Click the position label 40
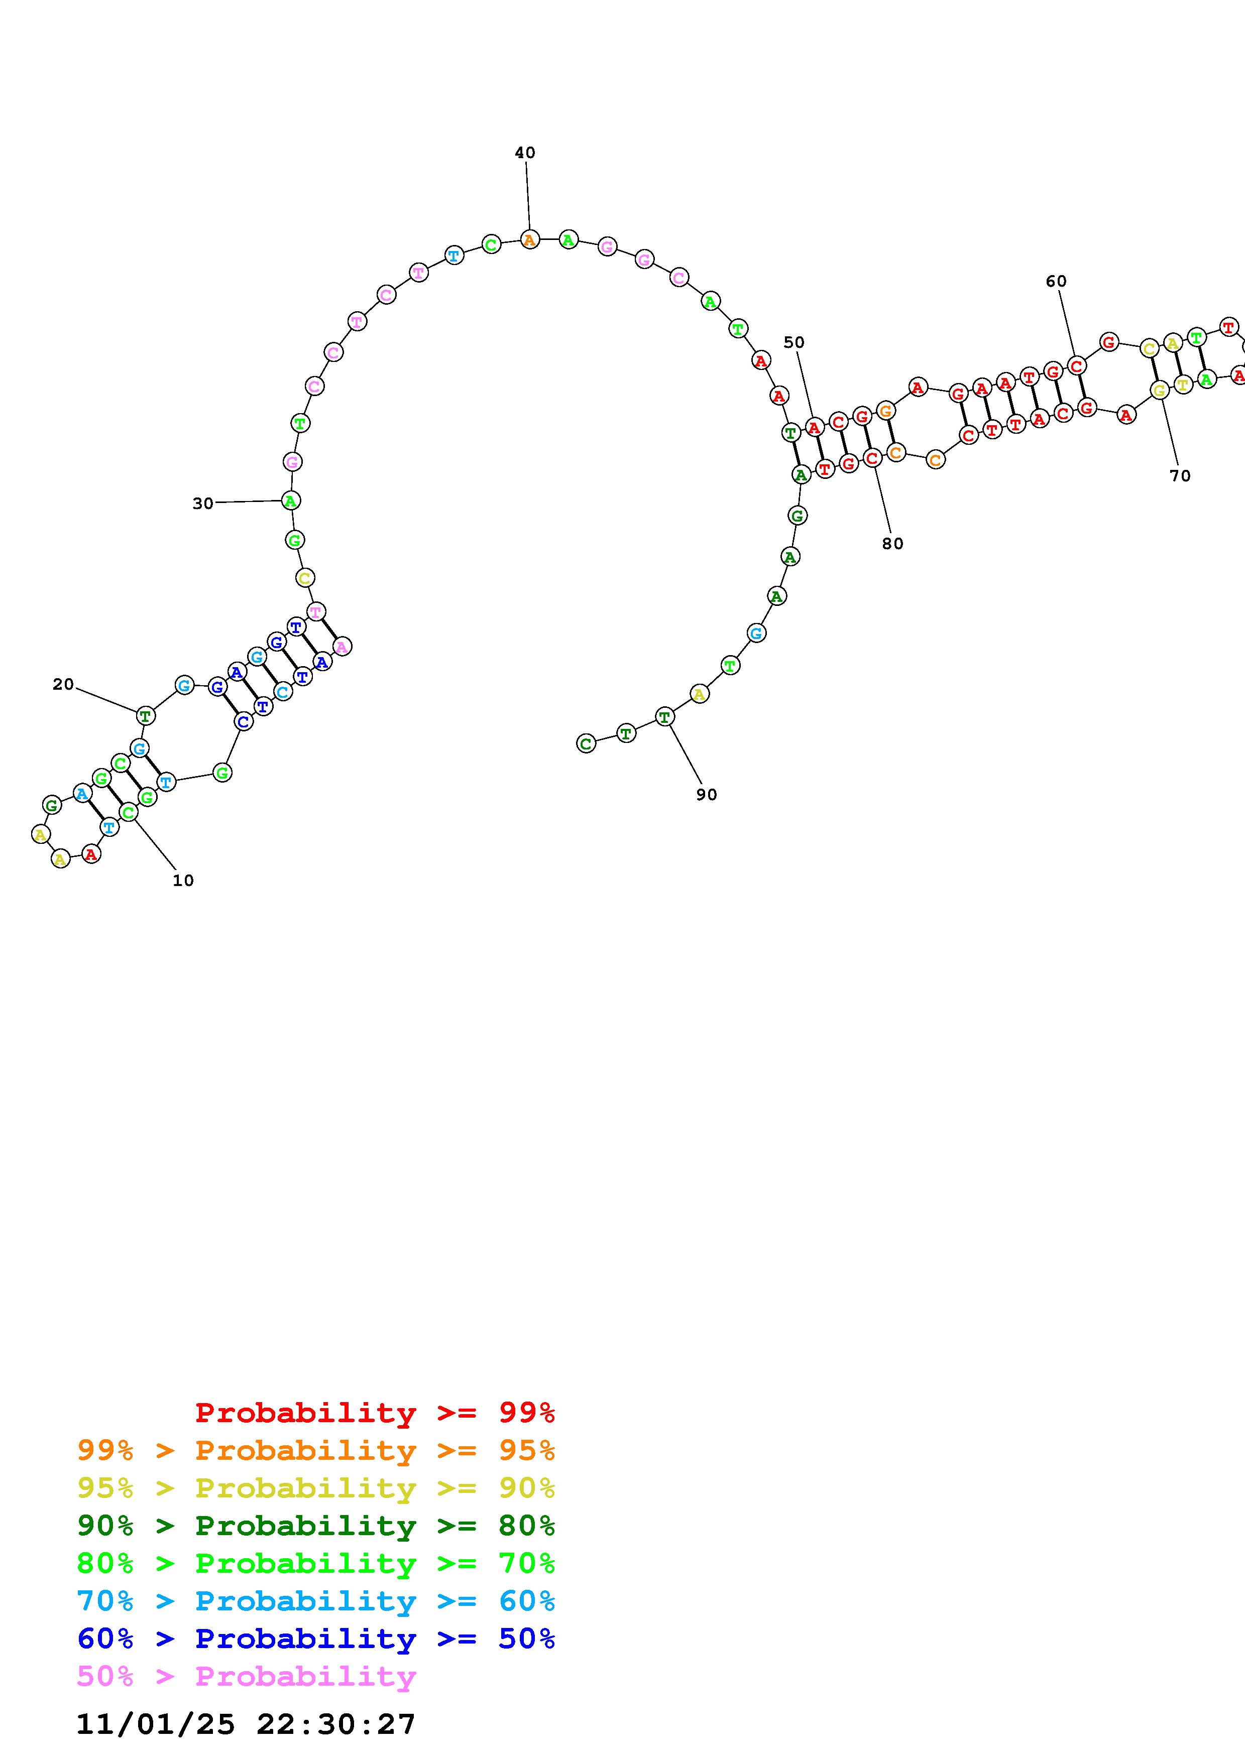point(525,153)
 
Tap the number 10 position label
point(183,880)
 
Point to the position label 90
point(707,795)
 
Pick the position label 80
point(892,543)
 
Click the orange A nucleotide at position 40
point(529,240)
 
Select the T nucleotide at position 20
point(145,716)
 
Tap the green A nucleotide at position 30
point(290,501)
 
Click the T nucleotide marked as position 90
point(664,717)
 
